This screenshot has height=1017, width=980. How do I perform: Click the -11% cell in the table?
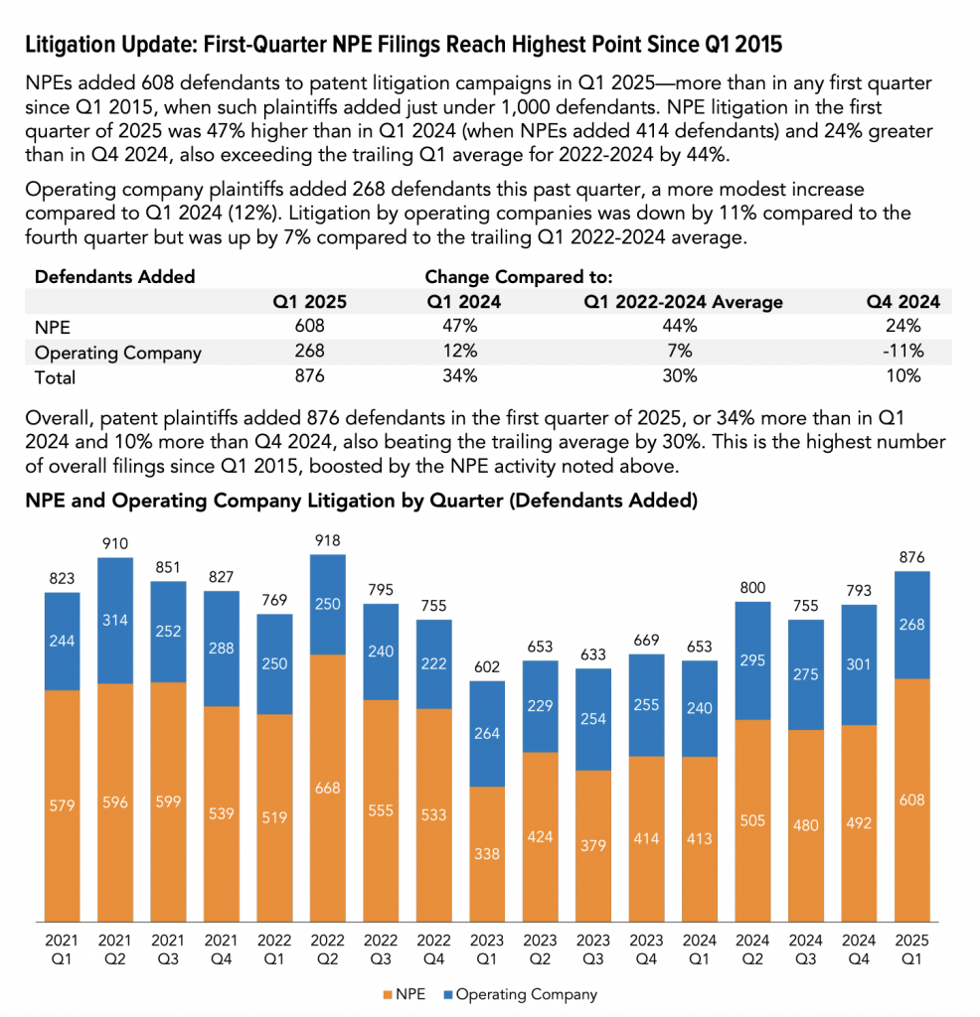coord(906,352)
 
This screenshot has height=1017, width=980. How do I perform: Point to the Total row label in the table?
coord(55,377)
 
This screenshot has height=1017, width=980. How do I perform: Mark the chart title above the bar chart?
coord(361,501)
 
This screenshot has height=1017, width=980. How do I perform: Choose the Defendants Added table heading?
coord(114,276)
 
